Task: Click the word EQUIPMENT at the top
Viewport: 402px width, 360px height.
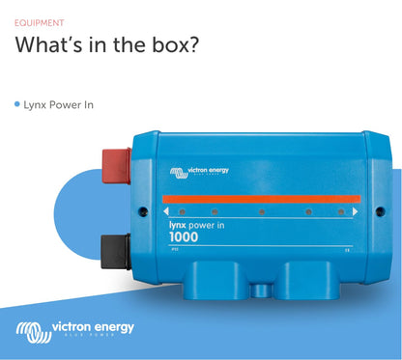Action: (x=41, y=21)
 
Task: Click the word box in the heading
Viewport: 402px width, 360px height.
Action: (x=173, y=45)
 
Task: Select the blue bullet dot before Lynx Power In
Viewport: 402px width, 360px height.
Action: (x=17, y=103)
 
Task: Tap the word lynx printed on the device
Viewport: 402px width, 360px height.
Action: (x=178, y=223)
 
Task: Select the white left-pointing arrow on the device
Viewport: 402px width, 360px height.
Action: (x=166, y=210)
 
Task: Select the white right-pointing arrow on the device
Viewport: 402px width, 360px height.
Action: (x=356, y=209)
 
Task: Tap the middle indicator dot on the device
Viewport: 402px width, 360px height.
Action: (x=261, y=210)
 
